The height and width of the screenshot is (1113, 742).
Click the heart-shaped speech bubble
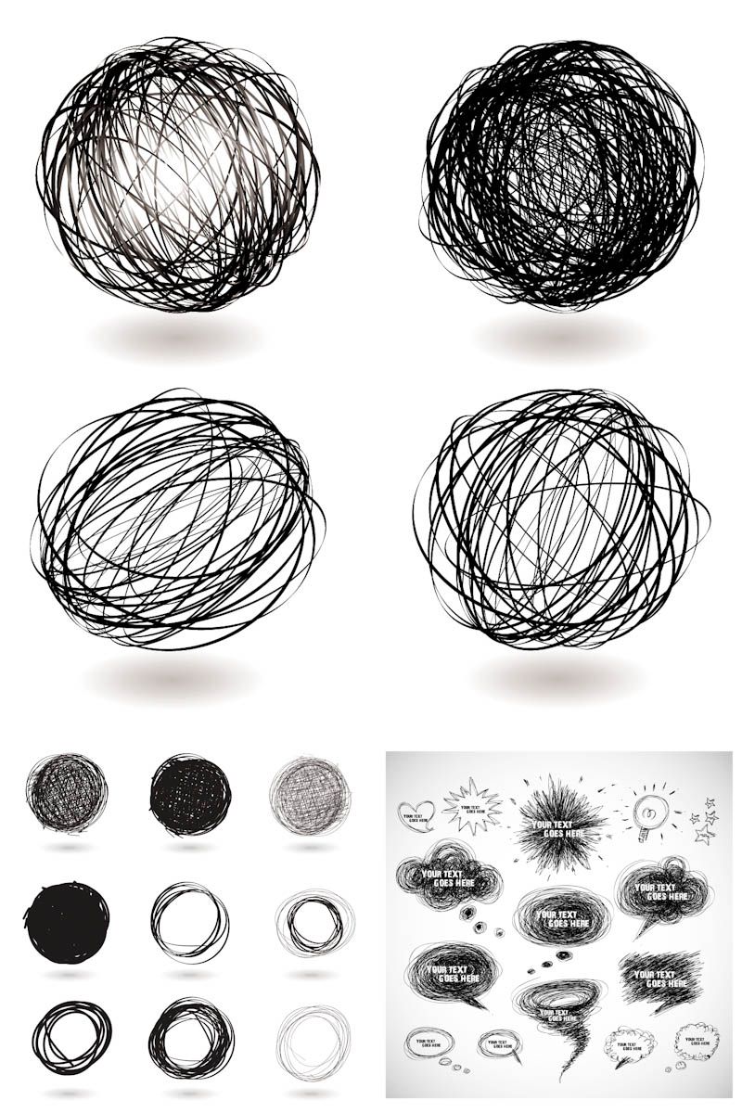(415, 813)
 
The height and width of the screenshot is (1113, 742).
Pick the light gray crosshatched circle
(310, 794)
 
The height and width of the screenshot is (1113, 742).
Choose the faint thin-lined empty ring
(313, 1036)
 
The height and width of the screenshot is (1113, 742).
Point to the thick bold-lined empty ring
(70, 1037)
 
